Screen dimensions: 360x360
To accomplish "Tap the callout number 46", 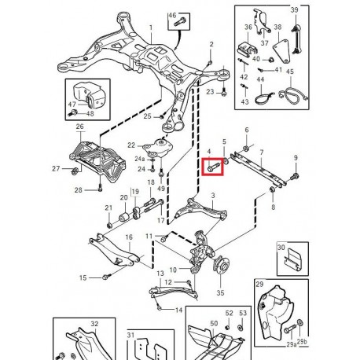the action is pyautogui.click(x=172, y=16).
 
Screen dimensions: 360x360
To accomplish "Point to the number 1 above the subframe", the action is pyautogui.click(x=151, y=28).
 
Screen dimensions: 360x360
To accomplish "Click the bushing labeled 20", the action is pyautogui.click(x=124, y=216).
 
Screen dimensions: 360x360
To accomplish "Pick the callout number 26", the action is pyautogui.click(x=80, y=127).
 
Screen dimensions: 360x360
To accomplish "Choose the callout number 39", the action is pyautogui.click(x=294, y=10).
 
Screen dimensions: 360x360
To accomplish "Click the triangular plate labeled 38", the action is pyautogui.click(x=282, y=51).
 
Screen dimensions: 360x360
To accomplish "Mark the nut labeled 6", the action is pyautogui.click(x=246, y=149).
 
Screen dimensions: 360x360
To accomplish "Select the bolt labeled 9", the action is pyautogui.click(x=295, y=176).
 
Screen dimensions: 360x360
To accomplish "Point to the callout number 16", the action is pyautogui.click(x=129, y=237).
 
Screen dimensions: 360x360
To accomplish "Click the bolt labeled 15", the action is pyautogui.click(x=106, y=277).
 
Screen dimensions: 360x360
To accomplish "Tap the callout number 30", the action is pyautogui.click(x=281, y=247).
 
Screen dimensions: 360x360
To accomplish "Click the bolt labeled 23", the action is pyautogui.click(x=223, y=92).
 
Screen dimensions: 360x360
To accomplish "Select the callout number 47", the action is pyautogui.click(x=72, y=104).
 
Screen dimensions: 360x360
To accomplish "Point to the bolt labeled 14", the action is pyautogui.click(x=159, y=307).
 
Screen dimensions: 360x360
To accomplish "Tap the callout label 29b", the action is pyautogui.click(x=302, y=341).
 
